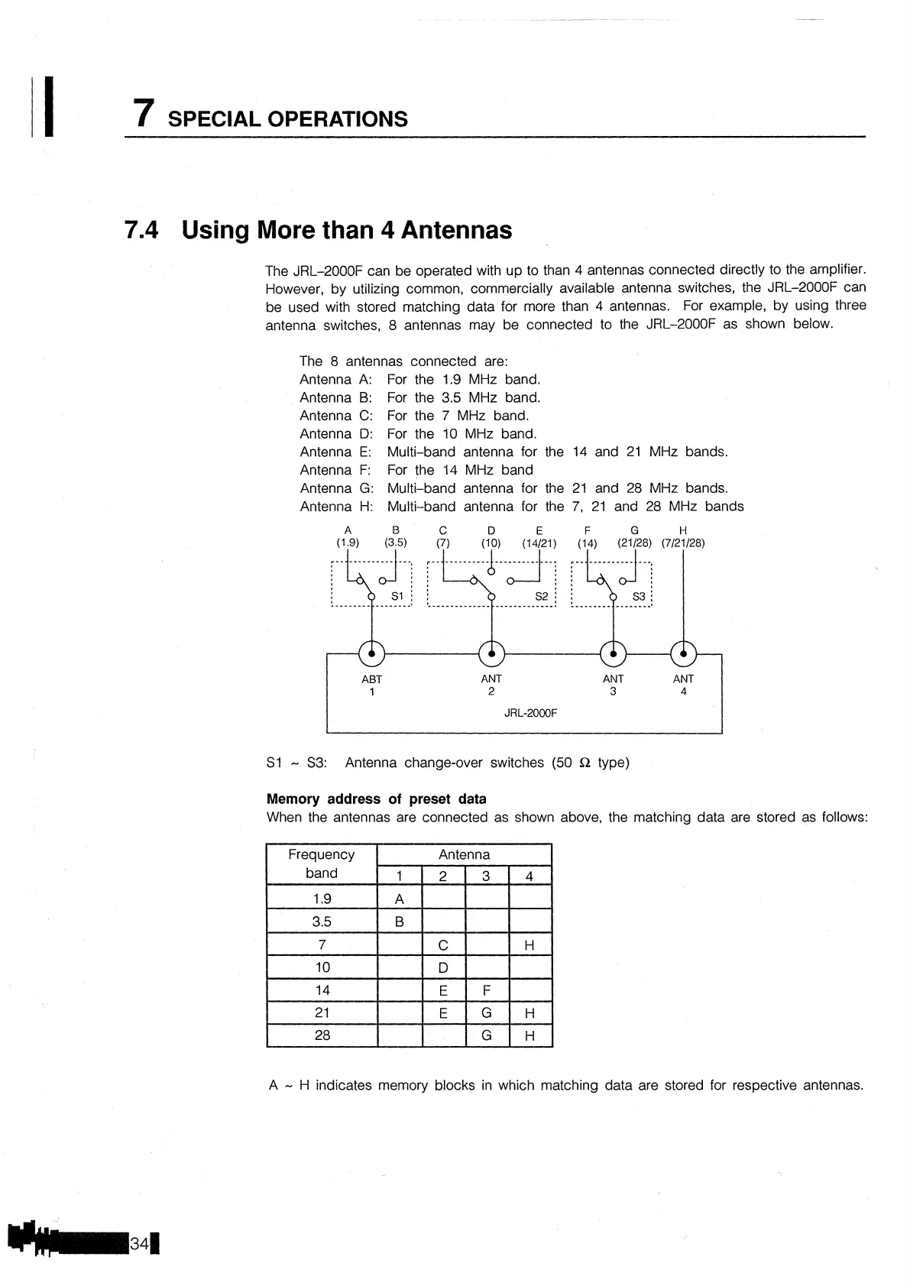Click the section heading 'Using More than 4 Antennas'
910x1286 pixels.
point(346,230)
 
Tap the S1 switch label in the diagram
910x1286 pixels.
point(397,596)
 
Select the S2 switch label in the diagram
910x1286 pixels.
point(541,596)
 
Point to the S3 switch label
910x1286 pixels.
point(639,596)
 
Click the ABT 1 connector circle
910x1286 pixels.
point(371,653)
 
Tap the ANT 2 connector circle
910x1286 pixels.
point(491,653)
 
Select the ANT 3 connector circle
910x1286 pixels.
point(613,653)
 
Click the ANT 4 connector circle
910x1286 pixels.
point(683,653)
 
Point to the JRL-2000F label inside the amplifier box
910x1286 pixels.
point(530,713)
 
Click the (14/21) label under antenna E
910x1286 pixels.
point(539,543)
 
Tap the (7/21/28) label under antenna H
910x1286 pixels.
point(682,543)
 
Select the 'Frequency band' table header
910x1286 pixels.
point(321,863)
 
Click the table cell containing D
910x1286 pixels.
point(443,968)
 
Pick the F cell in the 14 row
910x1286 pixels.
point(487,991)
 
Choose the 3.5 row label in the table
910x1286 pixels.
point(322,922)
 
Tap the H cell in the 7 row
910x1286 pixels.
point(529,946)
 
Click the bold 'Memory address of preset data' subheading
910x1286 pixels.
point(376,799)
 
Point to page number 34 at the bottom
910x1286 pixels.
point(140,1243)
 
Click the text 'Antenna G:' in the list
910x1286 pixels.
point(335,488)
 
